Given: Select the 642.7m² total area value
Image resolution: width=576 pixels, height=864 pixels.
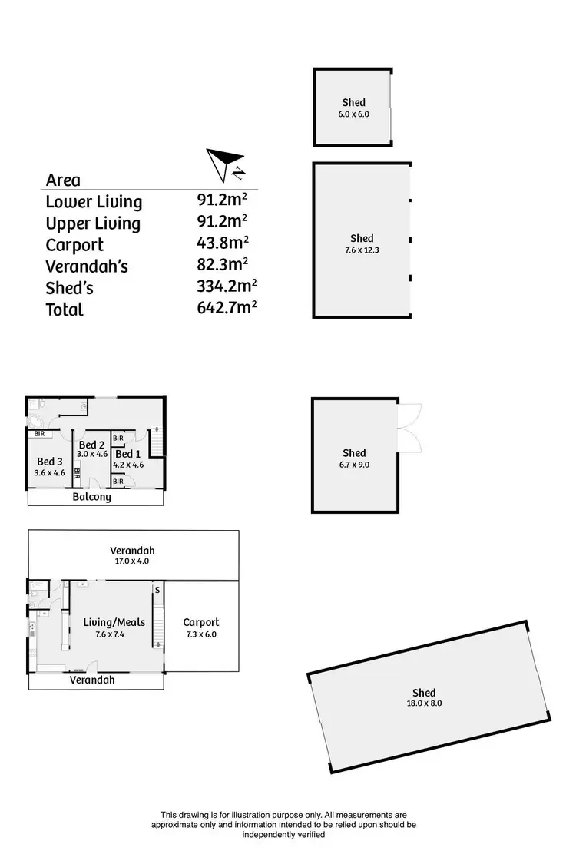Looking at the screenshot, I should pos(226,309).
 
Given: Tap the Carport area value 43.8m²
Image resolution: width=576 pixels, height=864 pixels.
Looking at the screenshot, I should pos(222,244).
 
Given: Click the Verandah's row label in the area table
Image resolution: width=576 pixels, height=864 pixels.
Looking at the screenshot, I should pos(86,266).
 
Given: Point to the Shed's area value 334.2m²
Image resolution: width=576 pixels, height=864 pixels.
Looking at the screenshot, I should pos(226,287).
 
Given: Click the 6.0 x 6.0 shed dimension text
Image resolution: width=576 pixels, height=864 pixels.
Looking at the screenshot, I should pos(353,114).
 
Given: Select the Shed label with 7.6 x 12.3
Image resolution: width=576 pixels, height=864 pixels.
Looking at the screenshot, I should pos(362,238).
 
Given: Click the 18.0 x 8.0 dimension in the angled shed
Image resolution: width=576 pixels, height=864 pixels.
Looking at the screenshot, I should pos(424,703).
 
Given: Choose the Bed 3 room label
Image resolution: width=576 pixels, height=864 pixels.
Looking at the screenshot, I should pos(50,462).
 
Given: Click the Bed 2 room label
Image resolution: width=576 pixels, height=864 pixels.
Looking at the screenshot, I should pos(91,445).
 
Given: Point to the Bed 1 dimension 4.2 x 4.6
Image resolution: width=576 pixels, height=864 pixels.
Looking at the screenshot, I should pos(128,464).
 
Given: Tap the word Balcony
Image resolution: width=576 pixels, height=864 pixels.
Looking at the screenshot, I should pos(92,497).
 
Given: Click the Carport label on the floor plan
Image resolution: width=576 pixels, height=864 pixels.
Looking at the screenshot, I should pos(201,622).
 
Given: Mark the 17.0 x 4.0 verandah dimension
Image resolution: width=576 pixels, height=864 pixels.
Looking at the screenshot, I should pos(132,561).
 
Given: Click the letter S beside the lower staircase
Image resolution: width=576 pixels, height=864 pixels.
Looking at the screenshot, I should pos(157,590).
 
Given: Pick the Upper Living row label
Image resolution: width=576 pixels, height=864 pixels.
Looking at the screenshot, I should pos(93,223).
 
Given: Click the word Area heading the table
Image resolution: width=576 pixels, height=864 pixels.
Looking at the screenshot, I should pos(63,180).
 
